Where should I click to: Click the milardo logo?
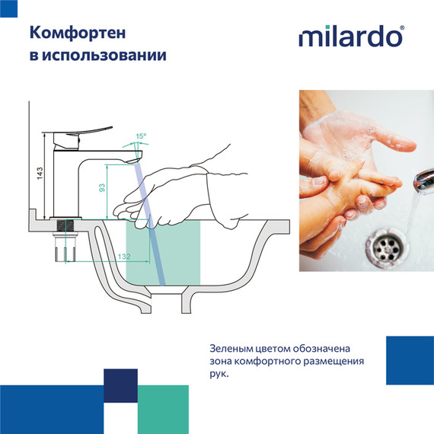coord(349,37)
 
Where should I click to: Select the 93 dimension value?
coord(102,188)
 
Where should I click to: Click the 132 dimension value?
coord(123,257)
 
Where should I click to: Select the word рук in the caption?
coord(218,375)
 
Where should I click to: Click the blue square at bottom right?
coord(409,359)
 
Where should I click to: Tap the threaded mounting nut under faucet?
coord(66,226)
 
